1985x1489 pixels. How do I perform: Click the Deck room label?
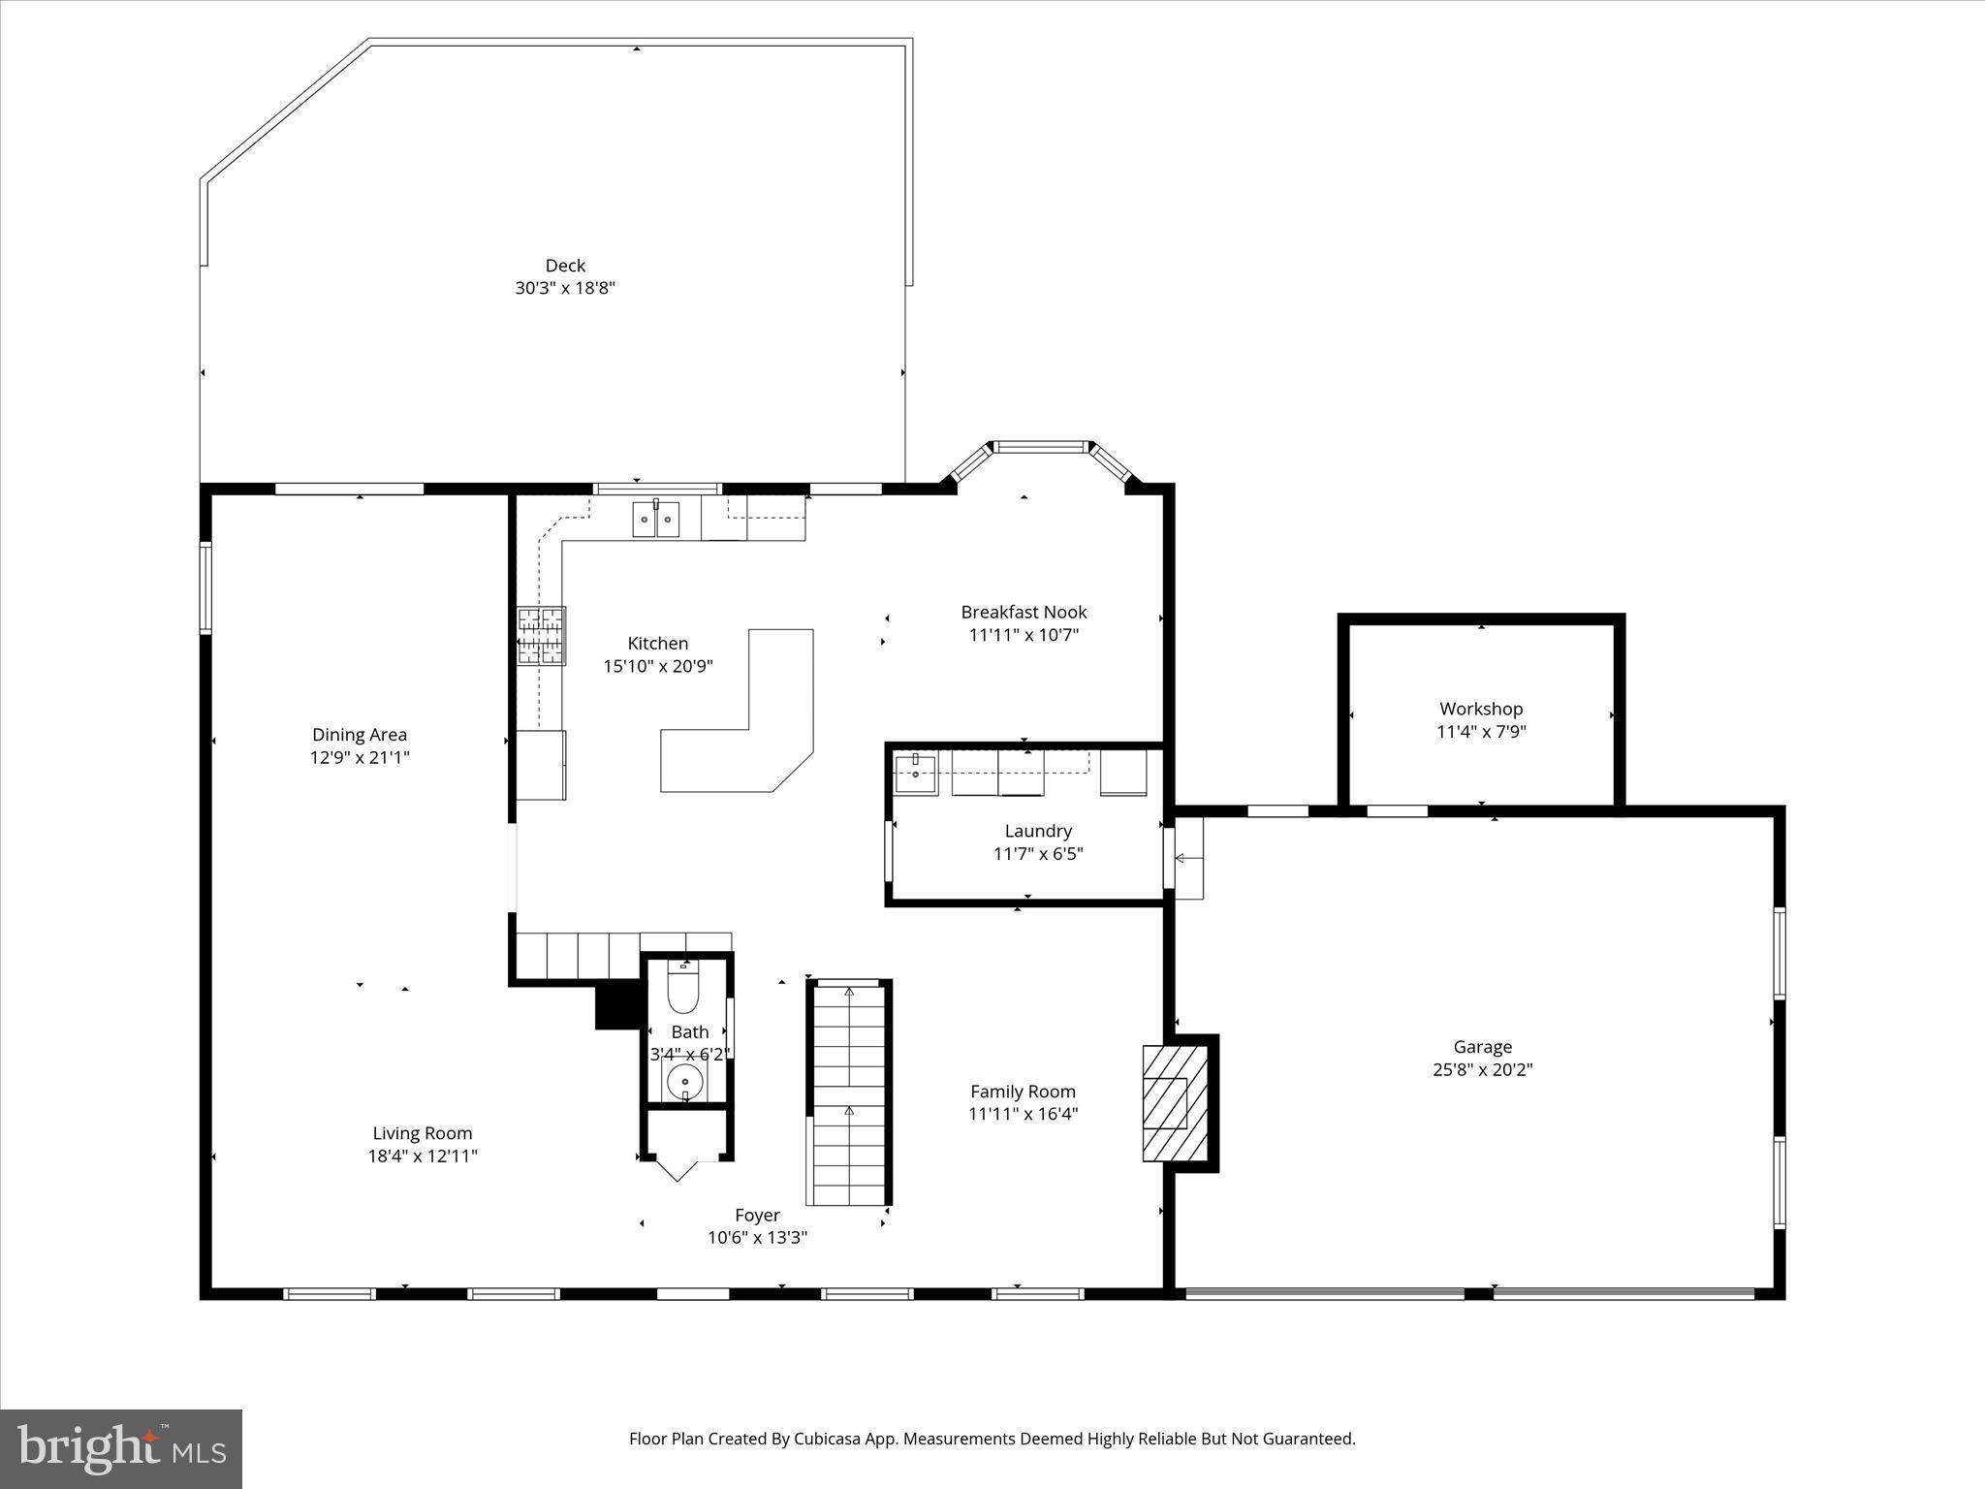pyautogui.click(x=565, y=266)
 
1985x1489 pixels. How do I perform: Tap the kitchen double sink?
pyautogui.click(x=656, y=520)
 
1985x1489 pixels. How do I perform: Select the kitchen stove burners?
pyautogui.click(x=541, y=636)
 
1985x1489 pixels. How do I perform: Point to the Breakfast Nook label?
pyautogui.click(x=1024, y=612)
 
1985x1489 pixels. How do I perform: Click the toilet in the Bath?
pyautogui.click(x=683, y=989)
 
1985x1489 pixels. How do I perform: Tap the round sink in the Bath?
pyautogui.click(x=685, y=1079)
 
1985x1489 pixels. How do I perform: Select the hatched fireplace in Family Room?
pyautogui.click(x=1175, y=1102)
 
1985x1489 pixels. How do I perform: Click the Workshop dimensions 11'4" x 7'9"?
pyautogui.click(x=1481, y=732)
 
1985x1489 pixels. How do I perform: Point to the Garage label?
pyautogui.click(x=1482, y=1047)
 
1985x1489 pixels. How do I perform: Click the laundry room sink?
pyautogui.click(x=915, y=773)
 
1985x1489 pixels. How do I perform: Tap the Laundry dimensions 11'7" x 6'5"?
pyautogui.click(x=1038, y=854)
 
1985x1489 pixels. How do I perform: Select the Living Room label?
pyautogui.click(x=423, y=1133)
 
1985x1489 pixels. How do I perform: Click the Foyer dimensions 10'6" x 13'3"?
pyautogui.click(x=757, y=1238)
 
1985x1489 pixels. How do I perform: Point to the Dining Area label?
pyautogui.click(x=360, y=735)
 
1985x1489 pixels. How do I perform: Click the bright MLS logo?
pyautogui.click(x=121, y=1448)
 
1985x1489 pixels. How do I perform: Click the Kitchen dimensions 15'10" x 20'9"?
pyautogui.click(x=658, y=666)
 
